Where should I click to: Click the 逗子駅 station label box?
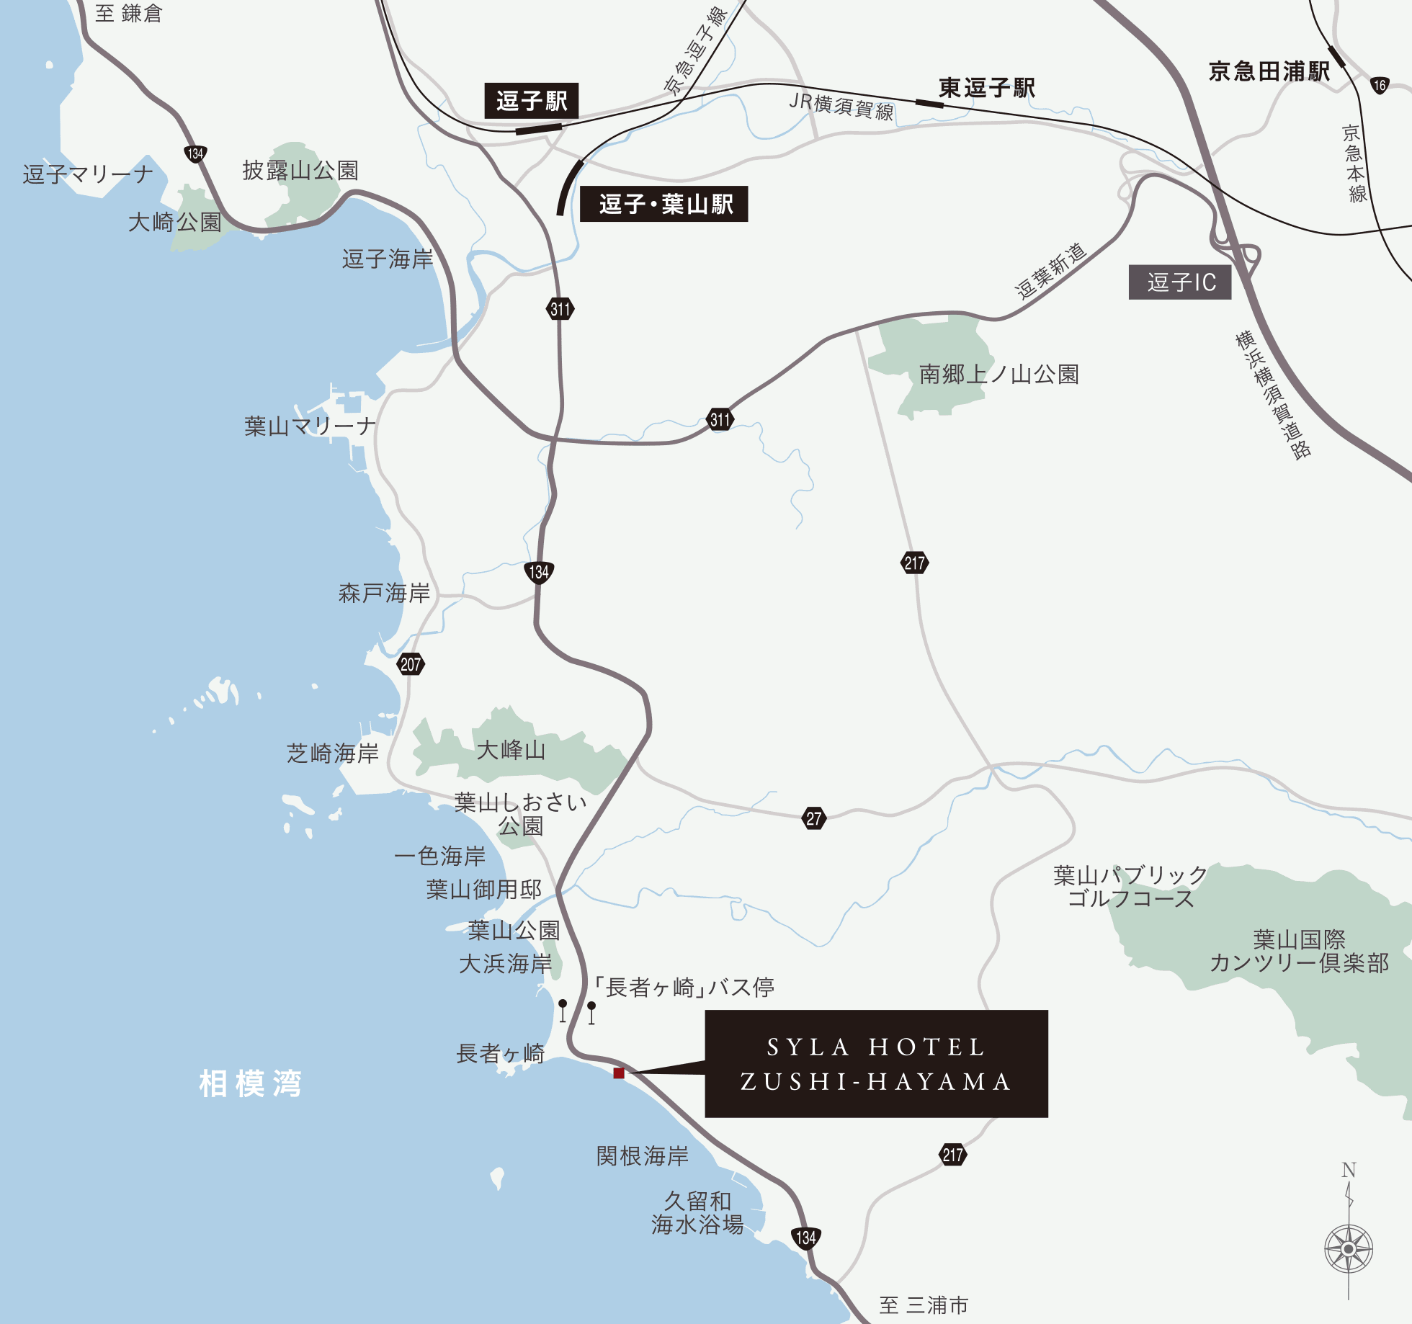(x=531, y=101)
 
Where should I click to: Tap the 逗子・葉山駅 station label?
(x=664, y=204)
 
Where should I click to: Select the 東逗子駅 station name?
(x=986, y=88)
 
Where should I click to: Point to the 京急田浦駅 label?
(x=1269, y=71)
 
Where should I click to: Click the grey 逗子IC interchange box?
(x=1179, y=282)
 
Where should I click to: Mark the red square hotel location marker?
(x=618, y=1073)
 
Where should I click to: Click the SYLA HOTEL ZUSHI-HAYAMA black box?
(x=876, y=1064)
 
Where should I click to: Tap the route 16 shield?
(x=1379, y=85)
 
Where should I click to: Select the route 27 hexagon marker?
(x=813, y=818)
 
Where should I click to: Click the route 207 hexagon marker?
(x=411, y=664)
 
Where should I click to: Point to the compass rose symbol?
(x=1349, y=1248)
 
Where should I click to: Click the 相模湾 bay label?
(x=250, y=1083)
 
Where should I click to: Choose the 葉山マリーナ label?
(x=310, y=426)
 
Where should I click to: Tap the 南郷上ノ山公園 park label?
(x=998, y=375)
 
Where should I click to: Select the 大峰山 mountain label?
(x=511, y=750)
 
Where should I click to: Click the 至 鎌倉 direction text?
(x=129, y=14)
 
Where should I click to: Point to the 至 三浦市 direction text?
(x=923, y=1305)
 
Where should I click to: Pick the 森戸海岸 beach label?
(x=384, y=593)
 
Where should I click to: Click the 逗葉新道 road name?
(x=1050, y=271)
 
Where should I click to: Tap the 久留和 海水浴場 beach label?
(x=697, y=1212)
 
